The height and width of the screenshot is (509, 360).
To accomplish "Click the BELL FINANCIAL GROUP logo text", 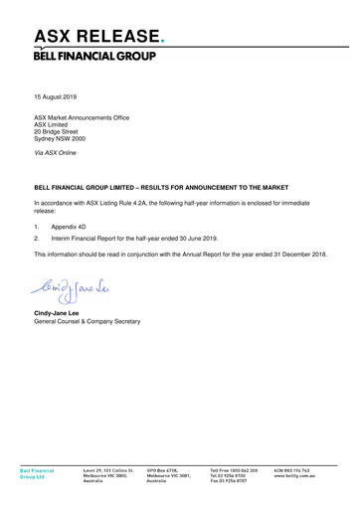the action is [94, 56].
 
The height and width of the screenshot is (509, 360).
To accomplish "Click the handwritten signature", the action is [75, 289].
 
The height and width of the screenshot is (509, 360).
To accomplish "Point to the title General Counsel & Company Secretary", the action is [88, 322].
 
